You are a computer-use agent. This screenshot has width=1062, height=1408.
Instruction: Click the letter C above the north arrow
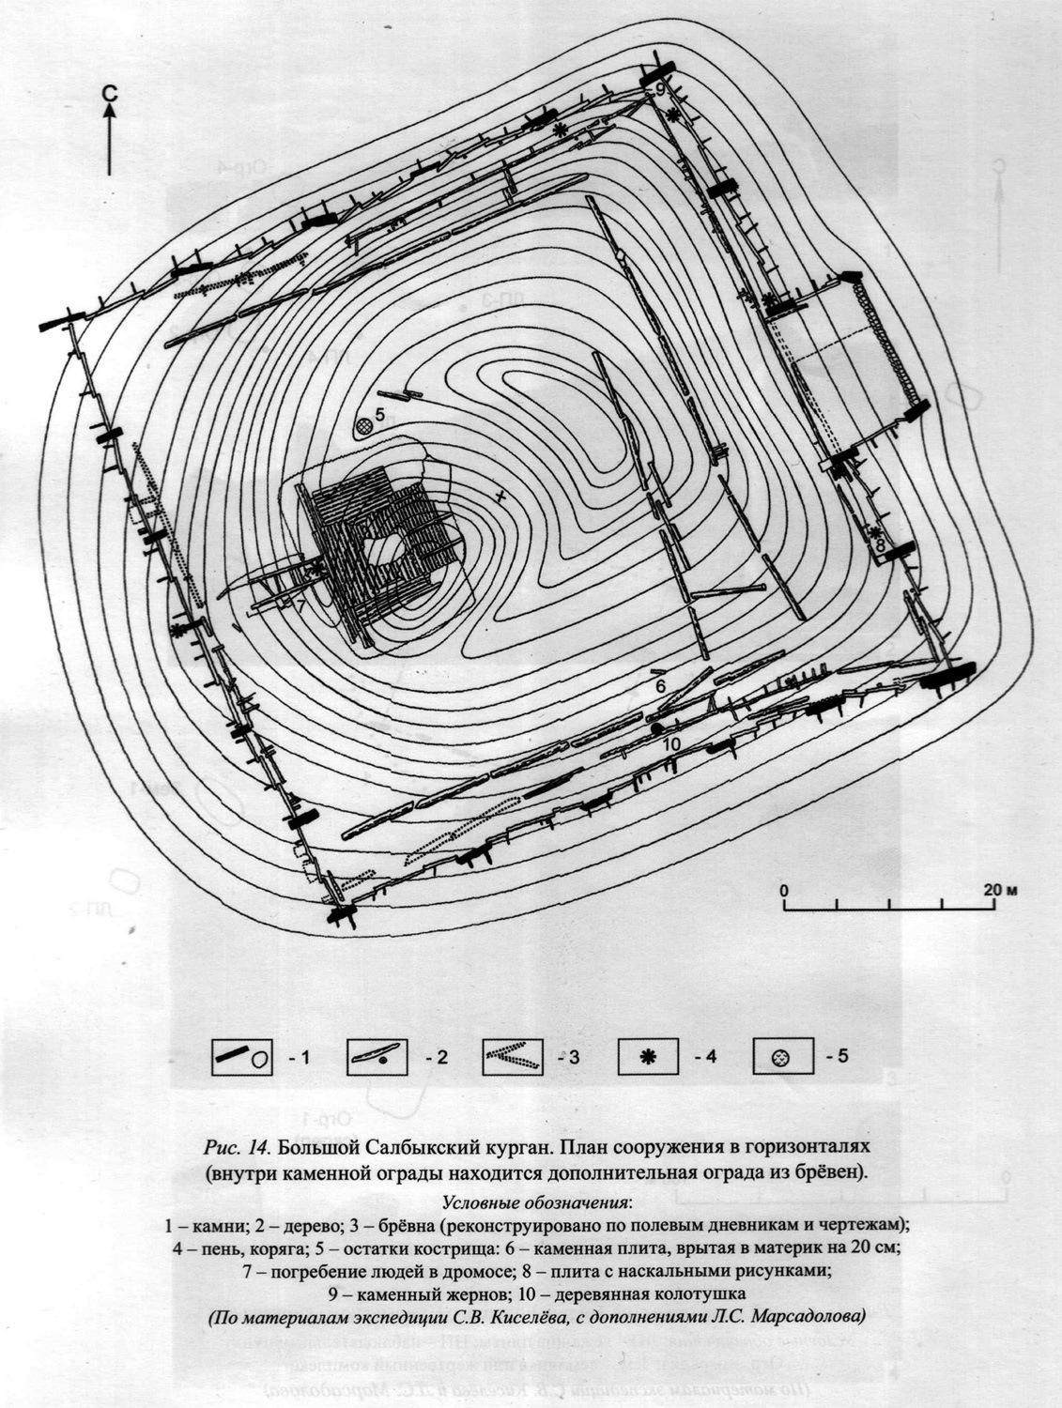[x=110, y=92]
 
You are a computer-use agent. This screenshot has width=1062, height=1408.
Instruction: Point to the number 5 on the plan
[x=380, y=413]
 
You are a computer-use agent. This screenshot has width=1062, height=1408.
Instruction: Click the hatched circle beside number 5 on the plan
[x=363, y=427]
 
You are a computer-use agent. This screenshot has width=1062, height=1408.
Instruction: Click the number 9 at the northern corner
[x=660, y=88]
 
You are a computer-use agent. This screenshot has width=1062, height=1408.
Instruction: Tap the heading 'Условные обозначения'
[x=537, y=1202]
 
